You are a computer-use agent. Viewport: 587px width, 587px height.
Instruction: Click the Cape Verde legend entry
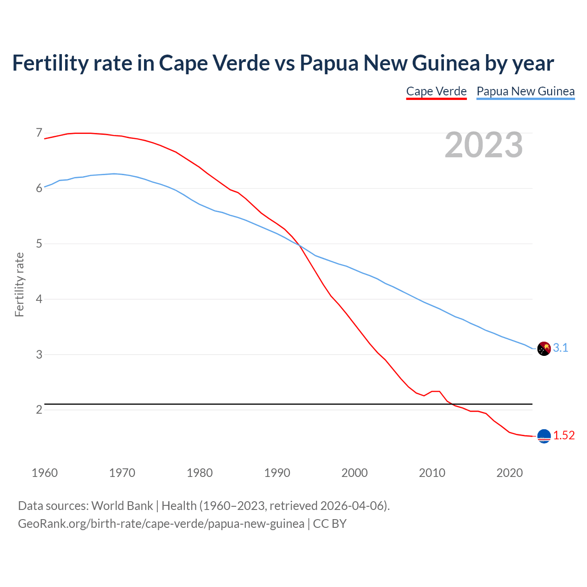click(x=436, y=91)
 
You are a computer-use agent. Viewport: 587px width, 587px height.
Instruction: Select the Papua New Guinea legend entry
click(x=526, y=91)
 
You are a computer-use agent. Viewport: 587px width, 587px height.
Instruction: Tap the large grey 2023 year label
click(x=483, y=145)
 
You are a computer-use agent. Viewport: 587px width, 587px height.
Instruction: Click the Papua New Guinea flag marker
click(x=543, y=349)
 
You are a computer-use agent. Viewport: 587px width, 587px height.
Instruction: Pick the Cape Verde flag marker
click(x=543, y=436)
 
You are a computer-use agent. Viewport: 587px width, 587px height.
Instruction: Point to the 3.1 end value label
click(x=560, y=348)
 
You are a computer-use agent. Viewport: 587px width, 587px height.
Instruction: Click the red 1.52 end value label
click(x=564, y=436)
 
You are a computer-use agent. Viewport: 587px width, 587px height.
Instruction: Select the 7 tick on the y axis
click(x=39, y=133)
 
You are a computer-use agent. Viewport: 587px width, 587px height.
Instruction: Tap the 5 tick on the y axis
click(x=39, y=244)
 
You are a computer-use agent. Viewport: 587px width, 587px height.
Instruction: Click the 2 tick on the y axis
click(x=39, y=410)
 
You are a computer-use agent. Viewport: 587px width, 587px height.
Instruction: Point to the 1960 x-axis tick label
click(x=44, y=473)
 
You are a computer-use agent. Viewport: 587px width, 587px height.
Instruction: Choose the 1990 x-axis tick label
click(x=277, y=473)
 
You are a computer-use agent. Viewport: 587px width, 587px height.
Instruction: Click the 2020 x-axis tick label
click(x=509, y=473)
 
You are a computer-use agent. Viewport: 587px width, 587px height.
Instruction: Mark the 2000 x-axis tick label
click(x=354, y=473)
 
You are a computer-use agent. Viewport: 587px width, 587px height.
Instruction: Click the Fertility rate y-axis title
click(x=19, y=284)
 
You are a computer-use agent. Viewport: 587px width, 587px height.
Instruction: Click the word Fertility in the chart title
click(x=50, y=63)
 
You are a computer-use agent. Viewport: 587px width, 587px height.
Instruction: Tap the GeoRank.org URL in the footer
click(x=161, y=524)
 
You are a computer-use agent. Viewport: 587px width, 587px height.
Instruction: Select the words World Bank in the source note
click(x=122, y=506)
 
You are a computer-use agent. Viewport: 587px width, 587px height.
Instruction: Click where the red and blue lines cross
click(x=300, y=246)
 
